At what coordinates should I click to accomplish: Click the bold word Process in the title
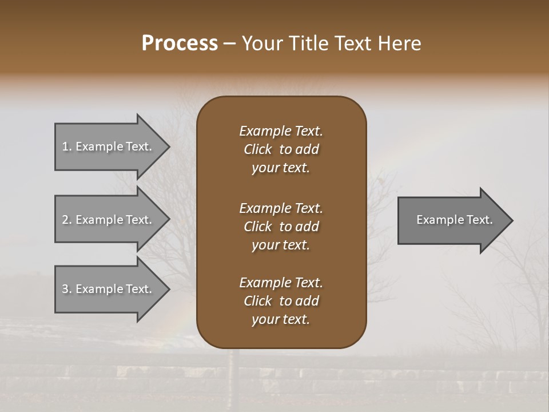[x=180, y=43]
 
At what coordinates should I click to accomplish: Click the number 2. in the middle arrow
[x=67, y=220]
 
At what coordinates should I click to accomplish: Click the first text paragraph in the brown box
[x=281, y=149]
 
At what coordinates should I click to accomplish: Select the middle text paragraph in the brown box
[x=281, y=227]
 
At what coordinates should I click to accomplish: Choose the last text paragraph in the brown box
[x=281, y=301]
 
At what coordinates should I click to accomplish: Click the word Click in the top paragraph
[x=257, y=149]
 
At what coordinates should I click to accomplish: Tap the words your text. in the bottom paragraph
[x=281, y=320]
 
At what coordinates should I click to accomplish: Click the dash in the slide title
[x=230, y=44]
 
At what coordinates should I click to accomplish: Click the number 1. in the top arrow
[x=67, y=146]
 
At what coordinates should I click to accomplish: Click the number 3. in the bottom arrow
[x=67, y=289]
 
